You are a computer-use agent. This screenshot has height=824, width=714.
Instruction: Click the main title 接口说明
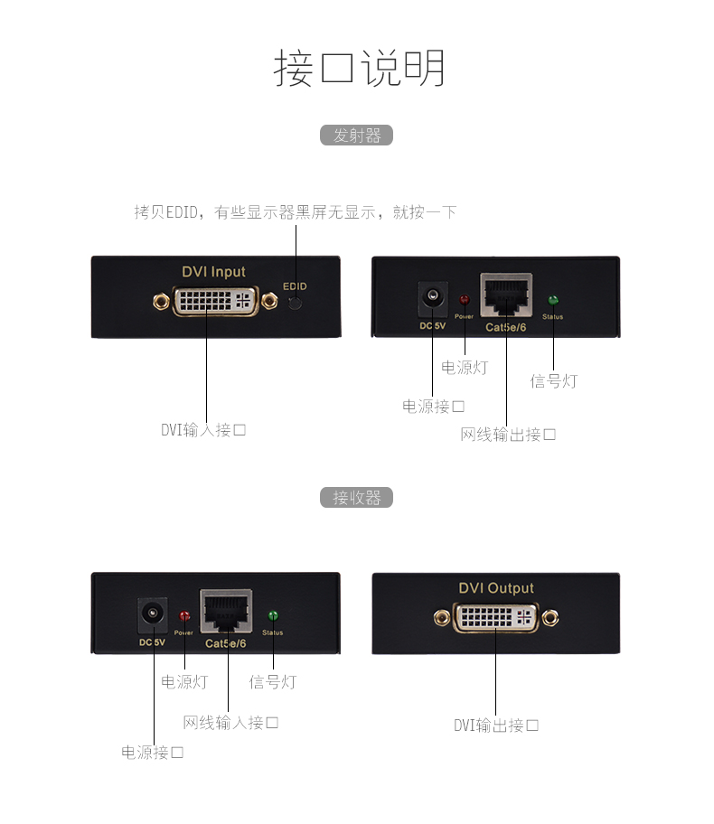tap(359, 69)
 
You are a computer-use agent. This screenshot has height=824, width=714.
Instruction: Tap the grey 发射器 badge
tap(357, 136)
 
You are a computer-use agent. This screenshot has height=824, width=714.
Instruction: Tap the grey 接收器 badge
tap(357, 498)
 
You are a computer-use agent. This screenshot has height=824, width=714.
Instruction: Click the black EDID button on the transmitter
tap(296, 303)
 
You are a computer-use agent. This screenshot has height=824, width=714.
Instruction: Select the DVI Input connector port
tap(213, 301)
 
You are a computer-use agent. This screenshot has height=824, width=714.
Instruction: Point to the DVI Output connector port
tap(495, 618)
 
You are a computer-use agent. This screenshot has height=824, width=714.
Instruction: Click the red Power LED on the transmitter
tap(465, 300)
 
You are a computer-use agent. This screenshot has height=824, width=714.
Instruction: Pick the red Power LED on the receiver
tap(184, 616)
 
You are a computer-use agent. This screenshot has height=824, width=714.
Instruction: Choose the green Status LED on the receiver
tap(273, 616)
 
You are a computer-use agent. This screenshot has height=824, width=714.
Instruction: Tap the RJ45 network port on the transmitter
tap(506, 295)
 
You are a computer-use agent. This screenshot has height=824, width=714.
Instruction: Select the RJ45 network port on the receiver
tap(226, 612)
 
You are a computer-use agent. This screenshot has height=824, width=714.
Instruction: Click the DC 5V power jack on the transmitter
tap(433, 298)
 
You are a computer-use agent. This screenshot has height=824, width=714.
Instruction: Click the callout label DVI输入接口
tap(203, 430)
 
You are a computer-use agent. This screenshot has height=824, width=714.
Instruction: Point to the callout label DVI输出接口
tap(496, 725)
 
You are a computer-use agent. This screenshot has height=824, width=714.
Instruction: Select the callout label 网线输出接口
tap(508, 435)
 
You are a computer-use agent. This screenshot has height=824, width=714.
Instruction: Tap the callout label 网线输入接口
tap(230, 722)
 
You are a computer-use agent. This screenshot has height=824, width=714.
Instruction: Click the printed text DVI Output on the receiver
tap(496, 588)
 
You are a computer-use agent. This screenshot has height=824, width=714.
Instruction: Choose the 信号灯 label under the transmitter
tap(553, 381)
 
